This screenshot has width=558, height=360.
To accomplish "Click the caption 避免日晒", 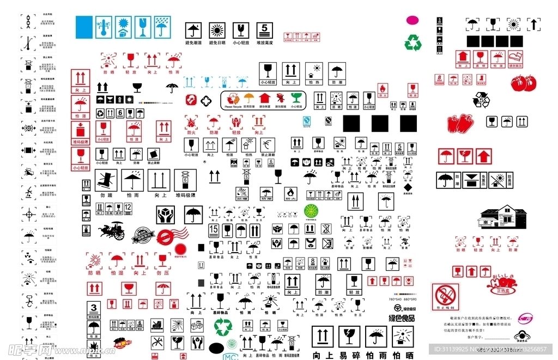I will point(217,42).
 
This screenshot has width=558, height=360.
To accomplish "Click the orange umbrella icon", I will point(248,98).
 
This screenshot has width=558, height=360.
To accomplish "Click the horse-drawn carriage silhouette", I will point(112,231).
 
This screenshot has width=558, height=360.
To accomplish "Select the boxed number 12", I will point(128,208).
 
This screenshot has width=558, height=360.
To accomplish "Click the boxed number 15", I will point(213,229).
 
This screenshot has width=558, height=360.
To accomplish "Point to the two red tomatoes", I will point(523,83).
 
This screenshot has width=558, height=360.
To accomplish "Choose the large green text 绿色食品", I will point(401,318).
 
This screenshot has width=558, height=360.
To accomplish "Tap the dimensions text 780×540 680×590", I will point(403,300).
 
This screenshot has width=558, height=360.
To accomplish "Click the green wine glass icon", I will point(296,98).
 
